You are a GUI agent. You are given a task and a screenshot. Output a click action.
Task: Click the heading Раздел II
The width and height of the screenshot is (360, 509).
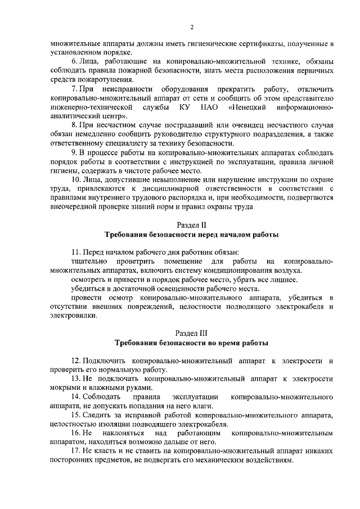click(x=192, y=224)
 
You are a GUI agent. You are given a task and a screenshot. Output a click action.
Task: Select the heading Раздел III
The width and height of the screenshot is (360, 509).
click(x=192, y=332)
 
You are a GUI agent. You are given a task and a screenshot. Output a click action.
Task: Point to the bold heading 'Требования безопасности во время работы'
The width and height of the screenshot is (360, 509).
click(x=192, y=343)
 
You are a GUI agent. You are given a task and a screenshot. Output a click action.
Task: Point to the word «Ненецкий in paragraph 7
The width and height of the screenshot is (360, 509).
click(x=249, y=107)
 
